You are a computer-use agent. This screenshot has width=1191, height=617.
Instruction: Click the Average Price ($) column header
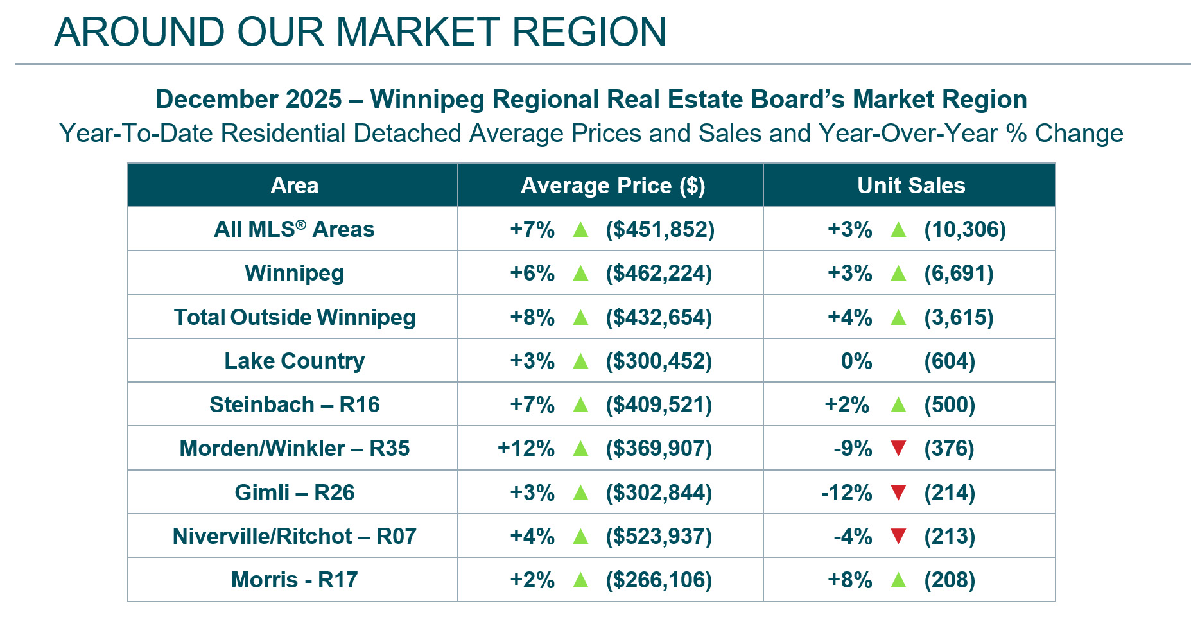tap(613, 186)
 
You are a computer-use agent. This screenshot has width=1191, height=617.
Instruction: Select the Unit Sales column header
tap(910, 186)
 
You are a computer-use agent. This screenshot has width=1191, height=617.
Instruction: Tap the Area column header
tap(294, 186)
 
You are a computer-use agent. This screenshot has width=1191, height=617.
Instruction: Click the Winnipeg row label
tap(294, 274)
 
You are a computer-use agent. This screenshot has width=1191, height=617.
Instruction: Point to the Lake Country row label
tap(294, 361)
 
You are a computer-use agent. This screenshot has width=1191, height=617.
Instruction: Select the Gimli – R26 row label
tap(294, 492)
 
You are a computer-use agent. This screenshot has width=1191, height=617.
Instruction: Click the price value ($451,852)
tap(659, 229)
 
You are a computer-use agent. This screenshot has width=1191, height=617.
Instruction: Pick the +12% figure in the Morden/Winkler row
tap(526, 448)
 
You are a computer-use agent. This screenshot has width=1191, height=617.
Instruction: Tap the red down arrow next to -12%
tap(898, 492)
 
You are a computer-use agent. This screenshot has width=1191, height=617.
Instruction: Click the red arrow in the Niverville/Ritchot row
tap(898, 536)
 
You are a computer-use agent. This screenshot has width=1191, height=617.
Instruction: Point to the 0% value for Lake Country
tap(856, 361)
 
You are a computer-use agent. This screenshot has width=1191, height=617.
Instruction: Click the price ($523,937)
tap(659, 536)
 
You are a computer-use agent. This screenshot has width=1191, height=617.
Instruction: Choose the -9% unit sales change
tap(852, 448)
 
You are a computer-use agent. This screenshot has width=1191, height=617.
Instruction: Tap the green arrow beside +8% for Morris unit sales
tap(898, 580)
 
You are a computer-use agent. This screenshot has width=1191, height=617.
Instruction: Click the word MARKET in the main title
tap(417, 31)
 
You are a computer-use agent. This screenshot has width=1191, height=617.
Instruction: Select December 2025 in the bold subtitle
tap(248, 100)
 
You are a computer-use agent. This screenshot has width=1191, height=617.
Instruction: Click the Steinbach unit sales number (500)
tap(949, 404)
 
